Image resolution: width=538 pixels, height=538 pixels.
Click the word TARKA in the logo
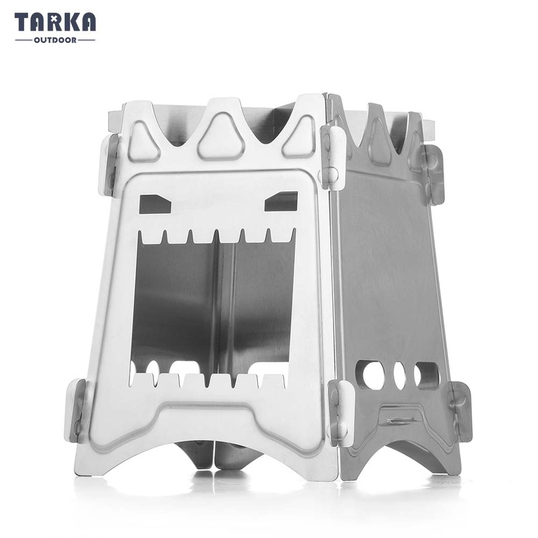point(55,22)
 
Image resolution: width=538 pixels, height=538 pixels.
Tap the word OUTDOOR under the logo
point(55,40)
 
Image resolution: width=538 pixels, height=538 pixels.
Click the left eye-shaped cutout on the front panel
point(155,204)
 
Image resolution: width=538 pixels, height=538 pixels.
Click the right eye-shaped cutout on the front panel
point(281,202)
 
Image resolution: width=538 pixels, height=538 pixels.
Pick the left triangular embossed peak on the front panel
point(144,141)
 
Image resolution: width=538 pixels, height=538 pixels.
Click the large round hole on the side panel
point(373,376)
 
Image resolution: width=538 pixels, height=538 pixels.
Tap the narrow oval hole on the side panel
point(400,376)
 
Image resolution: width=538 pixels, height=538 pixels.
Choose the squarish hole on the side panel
point(427,376)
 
